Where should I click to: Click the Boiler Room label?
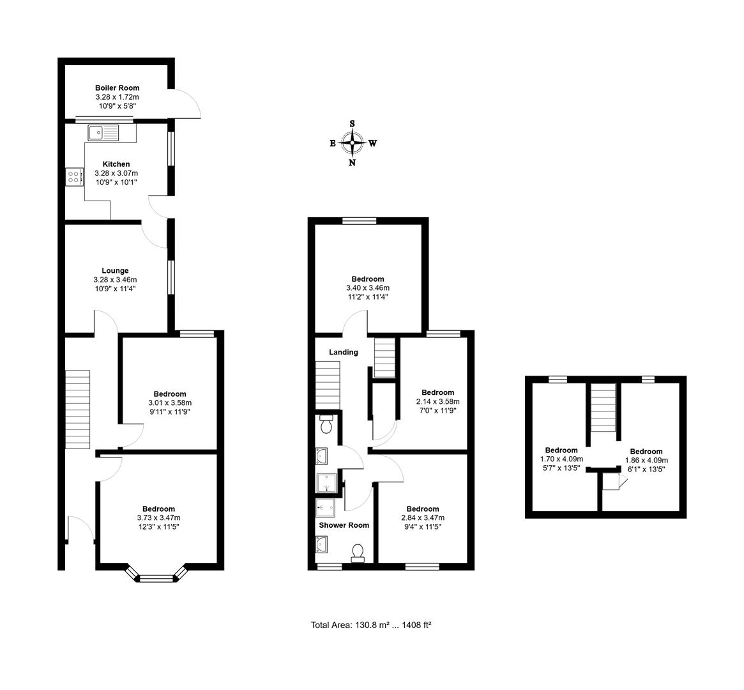117,88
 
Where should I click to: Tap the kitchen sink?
103,133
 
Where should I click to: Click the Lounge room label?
115,270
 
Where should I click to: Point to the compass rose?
352,142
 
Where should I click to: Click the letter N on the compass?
352,162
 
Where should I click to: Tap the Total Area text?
371,625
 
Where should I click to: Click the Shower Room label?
344,525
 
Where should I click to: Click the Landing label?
343,352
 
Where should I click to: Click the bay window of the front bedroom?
156,577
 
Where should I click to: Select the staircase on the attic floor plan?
602,407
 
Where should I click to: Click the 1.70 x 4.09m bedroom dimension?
561,459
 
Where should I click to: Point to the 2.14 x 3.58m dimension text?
437,401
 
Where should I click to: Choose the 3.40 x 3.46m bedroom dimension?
367,288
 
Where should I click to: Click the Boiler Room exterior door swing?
187,103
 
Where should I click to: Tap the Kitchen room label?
116,164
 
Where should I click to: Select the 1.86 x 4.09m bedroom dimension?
646,460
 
